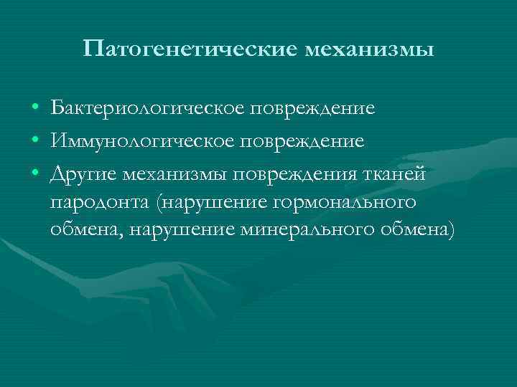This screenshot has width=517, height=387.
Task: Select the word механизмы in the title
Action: click(370, 50)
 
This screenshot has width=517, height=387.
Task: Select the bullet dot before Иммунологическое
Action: click(35, 142)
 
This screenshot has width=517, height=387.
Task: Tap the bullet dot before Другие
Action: click(35, 174)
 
